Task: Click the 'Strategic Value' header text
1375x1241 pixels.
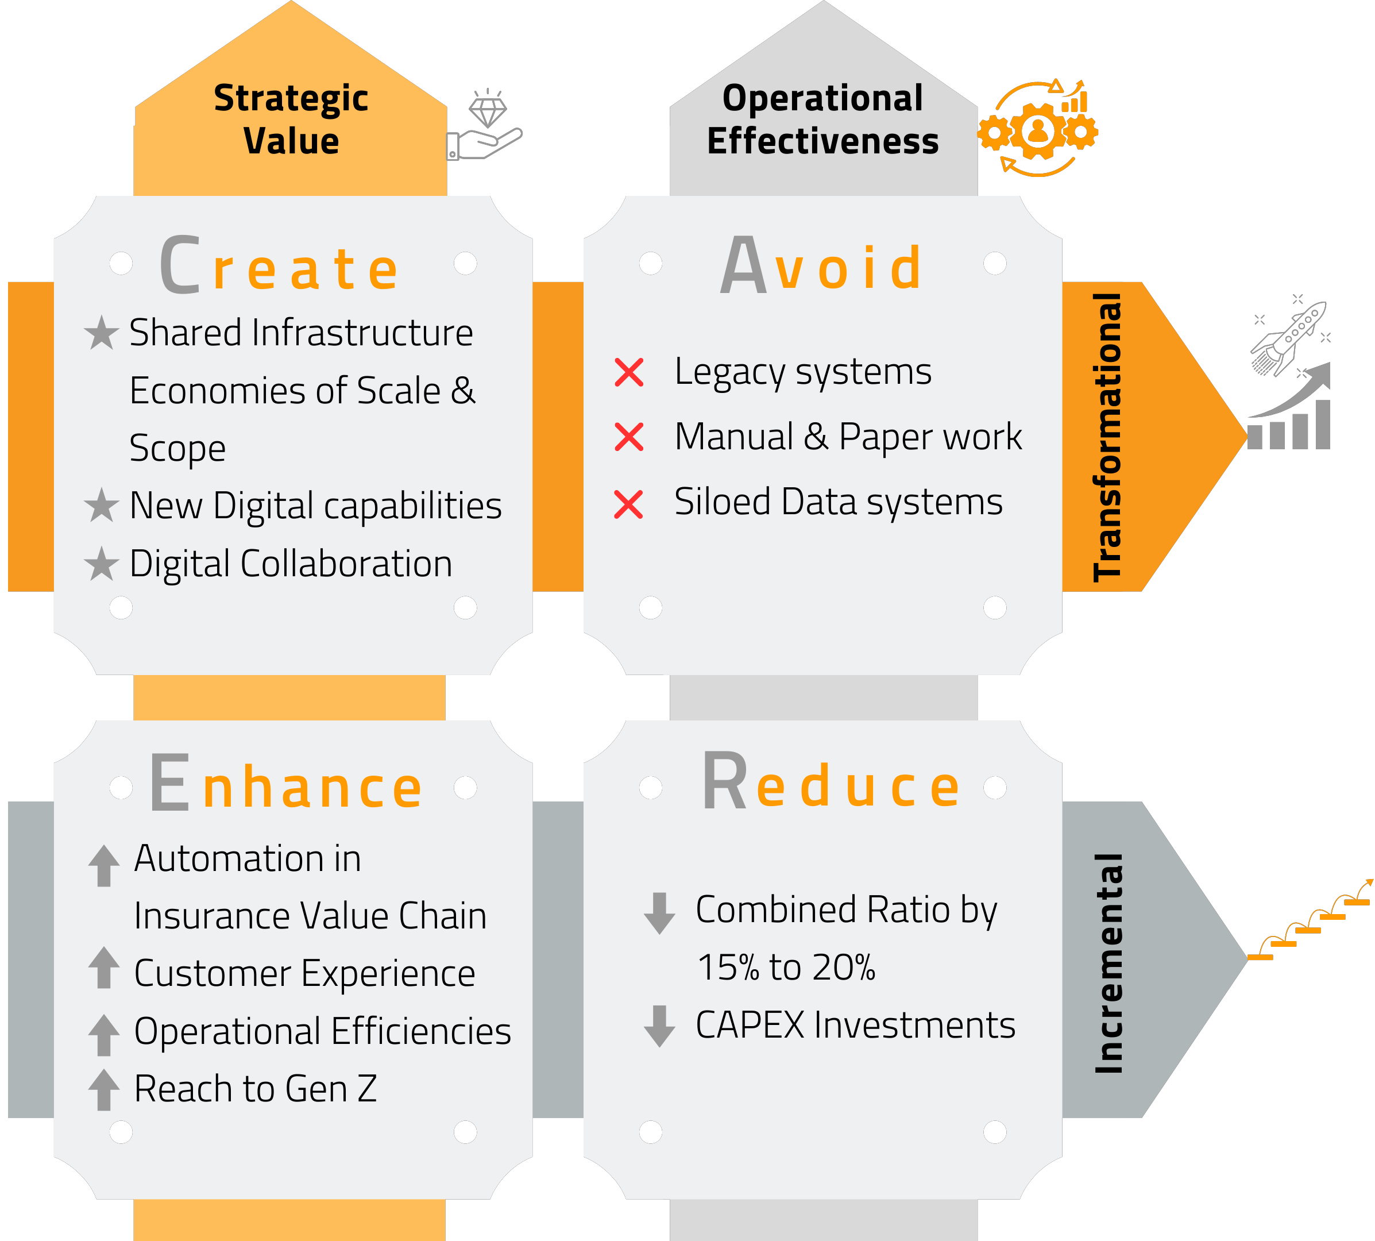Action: click(x=291, y=120)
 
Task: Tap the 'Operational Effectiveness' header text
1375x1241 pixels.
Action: click(x=823, y=120)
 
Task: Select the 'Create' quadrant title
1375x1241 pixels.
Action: click(x=280, y=264)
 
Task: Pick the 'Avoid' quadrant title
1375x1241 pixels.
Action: click(x=821, y=264)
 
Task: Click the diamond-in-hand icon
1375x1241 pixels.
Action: click(x=485, y=125)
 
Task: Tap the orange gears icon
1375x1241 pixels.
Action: click(x=1037, y=128)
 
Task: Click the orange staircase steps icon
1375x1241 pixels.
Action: click(x=1310, y=920)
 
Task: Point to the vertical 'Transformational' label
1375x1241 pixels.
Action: click(x=1107, y=437)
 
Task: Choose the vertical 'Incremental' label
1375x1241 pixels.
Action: click(x=1108, y=963)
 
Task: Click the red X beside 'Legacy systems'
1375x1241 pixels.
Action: click(x=628, y=372)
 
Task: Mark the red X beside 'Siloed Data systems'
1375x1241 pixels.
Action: click(x=628, y=504)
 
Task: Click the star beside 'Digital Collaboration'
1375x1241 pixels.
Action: click(x=102, y=563)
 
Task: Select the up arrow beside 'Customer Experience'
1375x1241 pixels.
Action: click(x=103, y=967)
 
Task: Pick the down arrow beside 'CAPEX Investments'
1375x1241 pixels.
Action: click(x=659, y=1026)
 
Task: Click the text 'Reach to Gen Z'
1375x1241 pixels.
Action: click(x=256, y=1088)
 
